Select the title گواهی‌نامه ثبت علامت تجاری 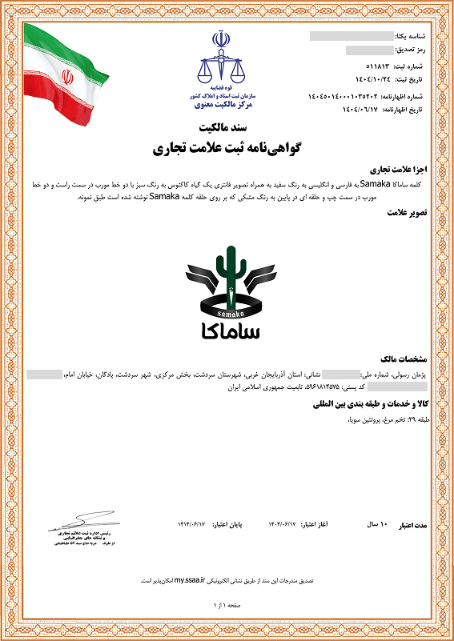pos(227,149)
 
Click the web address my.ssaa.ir pos(191,579)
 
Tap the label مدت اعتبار pos(415,525)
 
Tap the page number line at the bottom pos(227,606)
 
